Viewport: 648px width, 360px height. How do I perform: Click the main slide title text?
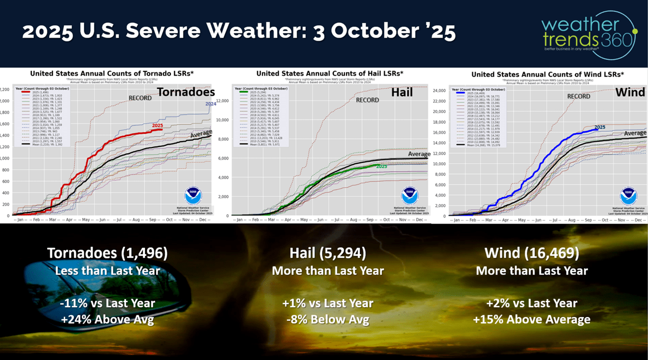click(239, 33)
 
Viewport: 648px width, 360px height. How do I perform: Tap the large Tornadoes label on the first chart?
click(186, 93)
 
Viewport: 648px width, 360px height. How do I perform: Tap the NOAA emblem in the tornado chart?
click(193, 195)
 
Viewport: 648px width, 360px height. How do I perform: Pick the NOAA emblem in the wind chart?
click(628, 196)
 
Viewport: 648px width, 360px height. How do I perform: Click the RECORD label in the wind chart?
click(579, 96)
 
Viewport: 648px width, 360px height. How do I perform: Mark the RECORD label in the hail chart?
click(367, 100)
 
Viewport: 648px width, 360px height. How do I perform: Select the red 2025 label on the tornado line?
click(157, 126)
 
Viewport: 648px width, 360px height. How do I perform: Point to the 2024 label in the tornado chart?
click(211, 104)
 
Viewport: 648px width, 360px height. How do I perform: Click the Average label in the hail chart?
click(419, 154)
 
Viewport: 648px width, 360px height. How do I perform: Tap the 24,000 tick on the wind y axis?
click(440, 90)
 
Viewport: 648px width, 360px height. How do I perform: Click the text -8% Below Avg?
click(328, 319)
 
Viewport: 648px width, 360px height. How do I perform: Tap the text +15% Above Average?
click(532, 319)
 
